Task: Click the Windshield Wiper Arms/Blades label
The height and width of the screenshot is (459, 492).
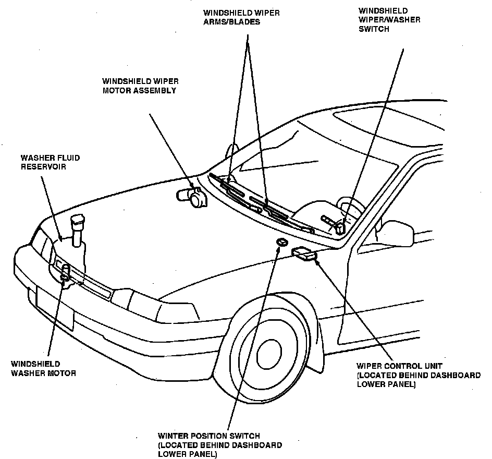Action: point(241,18)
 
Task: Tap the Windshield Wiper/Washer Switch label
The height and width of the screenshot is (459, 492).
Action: point(389,20)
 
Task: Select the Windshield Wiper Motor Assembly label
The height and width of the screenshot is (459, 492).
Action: point(139,86)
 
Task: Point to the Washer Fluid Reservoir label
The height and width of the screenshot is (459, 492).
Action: point(50,162)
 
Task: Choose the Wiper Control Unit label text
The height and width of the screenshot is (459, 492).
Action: point(419,375)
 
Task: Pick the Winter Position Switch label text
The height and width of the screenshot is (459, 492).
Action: point(220,445)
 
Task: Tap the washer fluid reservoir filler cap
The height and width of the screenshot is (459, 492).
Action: point(78,222)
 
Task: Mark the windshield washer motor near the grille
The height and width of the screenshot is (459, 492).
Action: point(66,274)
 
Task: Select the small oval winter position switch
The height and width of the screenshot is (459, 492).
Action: point(281,243)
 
